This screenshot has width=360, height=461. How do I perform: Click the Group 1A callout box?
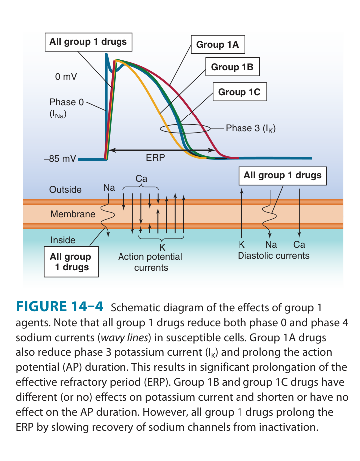(217, 45)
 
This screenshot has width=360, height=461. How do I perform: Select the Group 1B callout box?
(232, 67)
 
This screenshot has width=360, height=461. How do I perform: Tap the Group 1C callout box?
(239, 92)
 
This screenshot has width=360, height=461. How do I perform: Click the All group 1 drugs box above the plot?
(88, 42)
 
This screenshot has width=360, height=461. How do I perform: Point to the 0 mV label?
(66, 77)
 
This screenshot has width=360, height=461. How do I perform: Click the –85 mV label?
(60, 160)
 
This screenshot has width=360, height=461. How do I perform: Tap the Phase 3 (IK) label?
(250, 128)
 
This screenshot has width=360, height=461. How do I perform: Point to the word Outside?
(65, 190)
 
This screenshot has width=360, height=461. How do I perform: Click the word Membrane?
(73, 214)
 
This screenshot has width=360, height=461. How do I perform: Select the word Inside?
(63, 240)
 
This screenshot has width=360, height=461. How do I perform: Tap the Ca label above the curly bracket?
(141, 178)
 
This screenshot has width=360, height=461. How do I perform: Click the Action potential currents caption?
(150, 262)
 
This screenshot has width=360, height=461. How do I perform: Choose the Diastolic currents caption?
(273, 256)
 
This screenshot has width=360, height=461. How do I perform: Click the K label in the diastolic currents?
(241, 245)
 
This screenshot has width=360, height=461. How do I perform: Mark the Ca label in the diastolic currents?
(299, 245)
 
